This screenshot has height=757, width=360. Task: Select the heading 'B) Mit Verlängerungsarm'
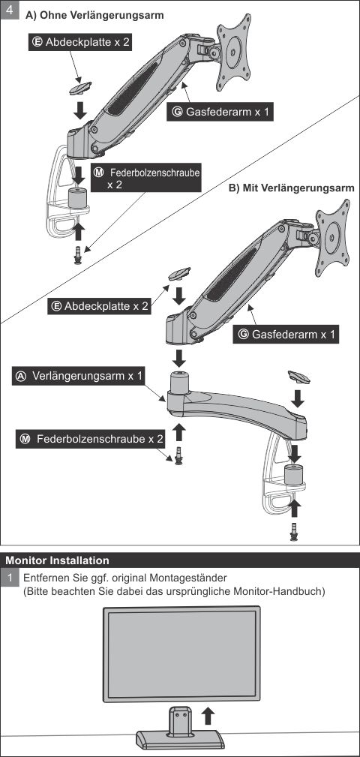291,188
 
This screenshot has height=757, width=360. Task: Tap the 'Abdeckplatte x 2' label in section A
82,43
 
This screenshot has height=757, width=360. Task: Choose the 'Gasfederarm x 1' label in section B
287,334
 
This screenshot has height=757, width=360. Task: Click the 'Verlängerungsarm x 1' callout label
79,377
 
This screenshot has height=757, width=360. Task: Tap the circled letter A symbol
22,377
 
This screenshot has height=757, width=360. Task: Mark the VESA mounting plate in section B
331,238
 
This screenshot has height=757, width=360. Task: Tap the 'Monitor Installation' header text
57,560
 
